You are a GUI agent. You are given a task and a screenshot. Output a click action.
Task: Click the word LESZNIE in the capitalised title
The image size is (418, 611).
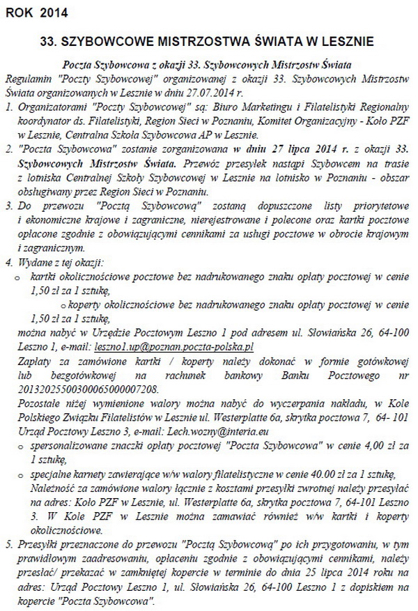(346, 42)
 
